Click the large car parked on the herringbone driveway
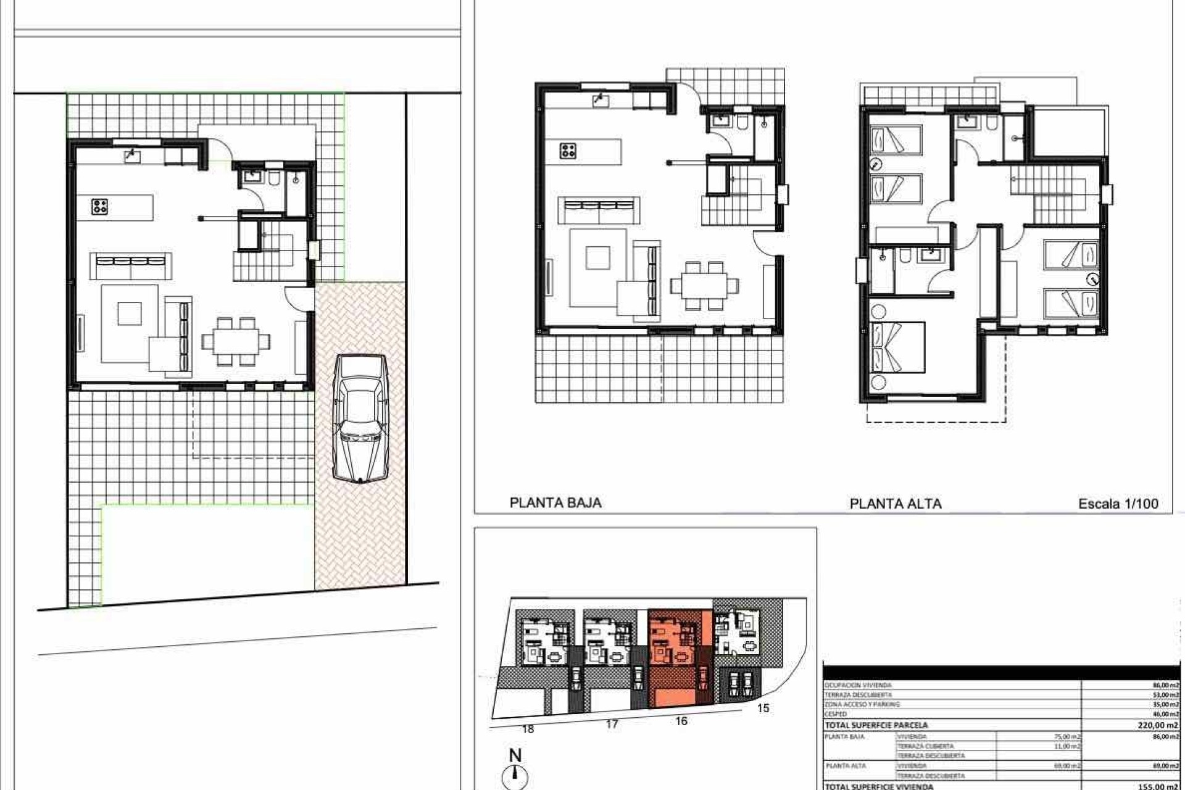(360, 418)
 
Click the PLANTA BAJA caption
(555, 503)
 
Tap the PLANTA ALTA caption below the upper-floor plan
(896, 504)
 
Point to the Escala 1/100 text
(1118, 504)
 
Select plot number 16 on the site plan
(681, 721)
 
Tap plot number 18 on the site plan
(528, 729)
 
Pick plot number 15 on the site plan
(763, 708)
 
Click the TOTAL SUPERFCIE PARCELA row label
(876, 725)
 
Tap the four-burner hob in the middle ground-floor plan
(568, 151)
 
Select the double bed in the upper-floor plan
(898, 347)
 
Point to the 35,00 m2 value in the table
(1165, 704)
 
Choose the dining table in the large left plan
(236, 341)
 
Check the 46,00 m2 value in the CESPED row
(1165, 714)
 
